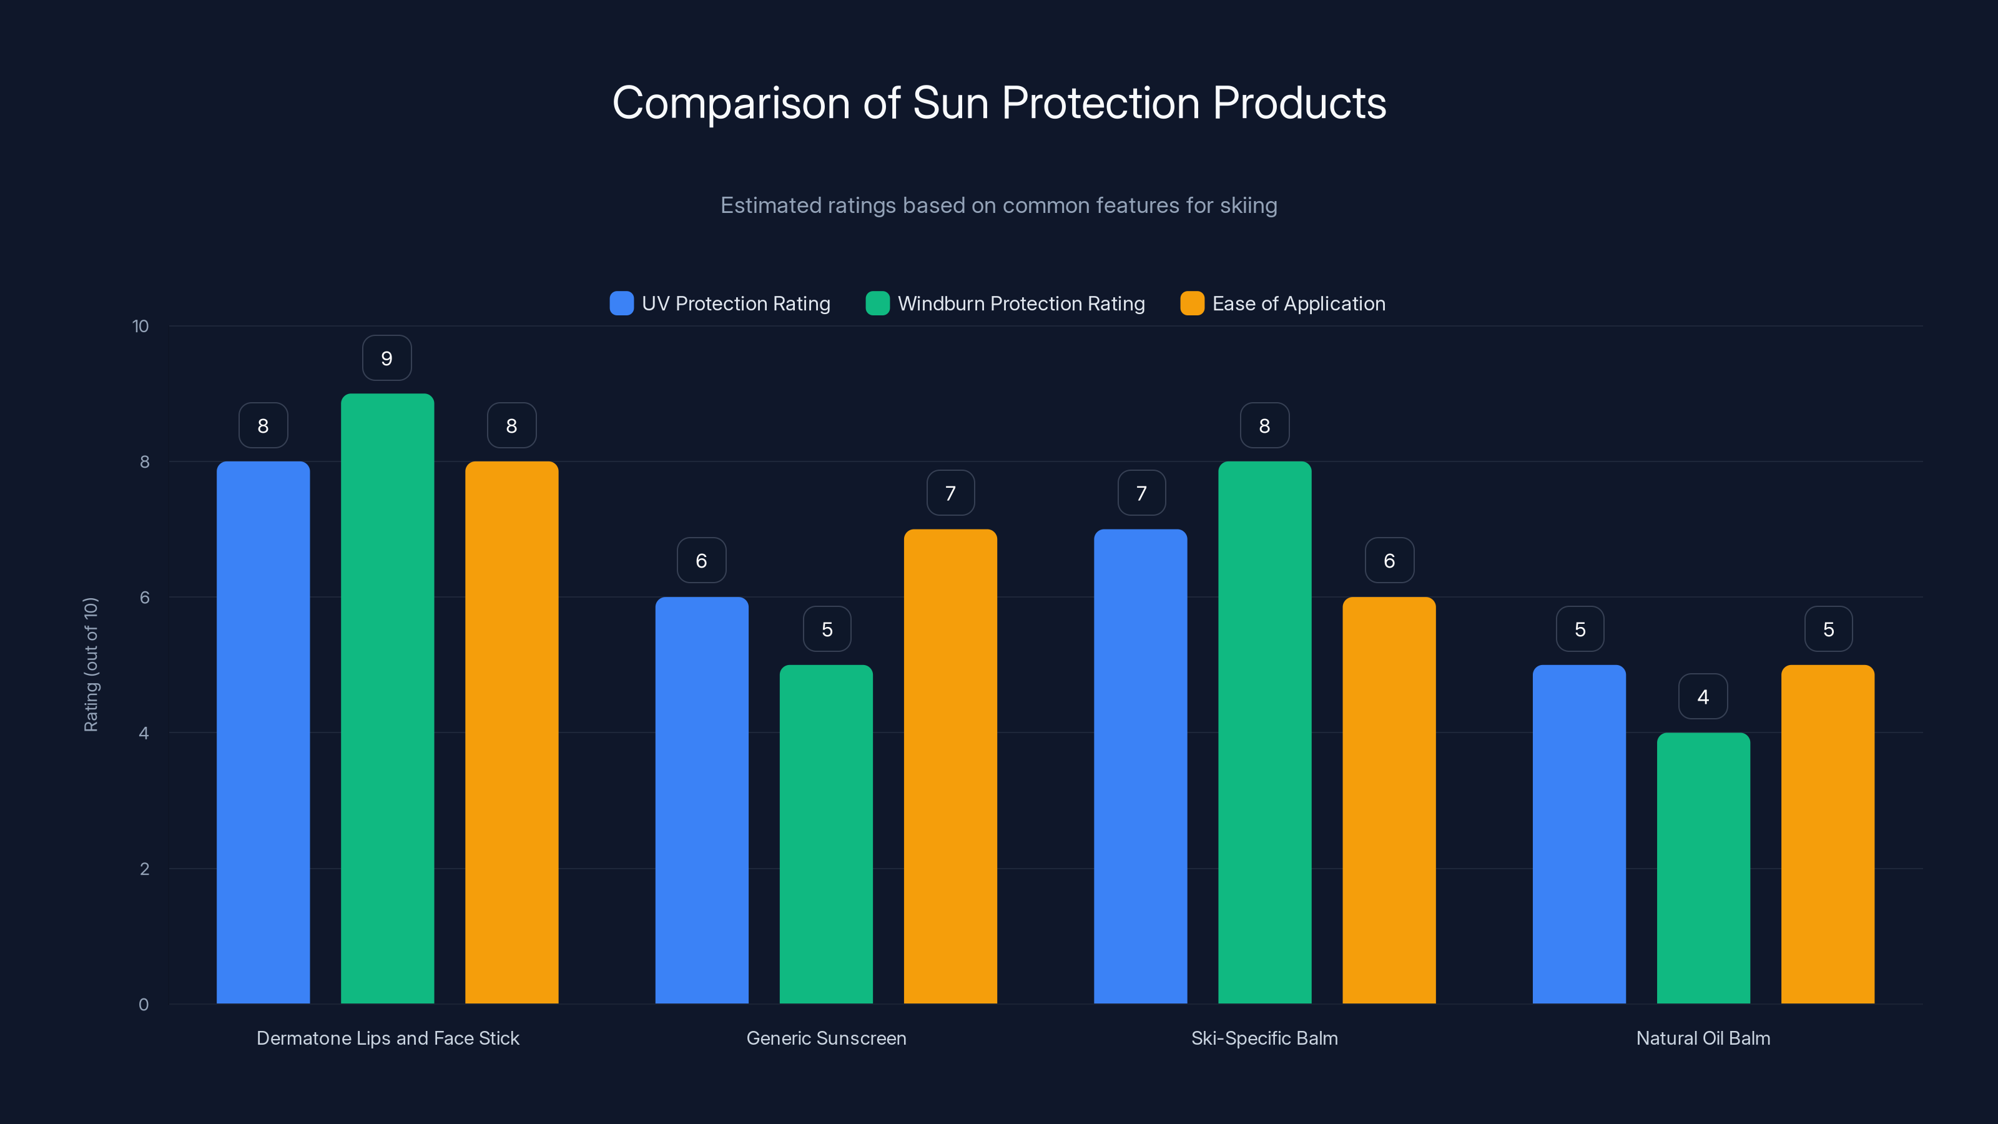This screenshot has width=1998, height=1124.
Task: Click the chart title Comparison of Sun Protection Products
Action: coord(999,103)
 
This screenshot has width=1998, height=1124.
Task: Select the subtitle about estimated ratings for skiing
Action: coord(999,205)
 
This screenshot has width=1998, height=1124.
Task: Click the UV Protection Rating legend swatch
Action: coord(621,303)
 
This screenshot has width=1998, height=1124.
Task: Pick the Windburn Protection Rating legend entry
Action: coord(1005,303)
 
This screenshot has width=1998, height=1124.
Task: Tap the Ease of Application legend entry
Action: coord(1283,303)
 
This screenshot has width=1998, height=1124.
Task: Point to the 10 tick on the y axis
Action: coord(140,327)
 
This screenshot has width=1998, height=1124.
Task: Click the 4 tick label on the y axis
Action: coord(144,733)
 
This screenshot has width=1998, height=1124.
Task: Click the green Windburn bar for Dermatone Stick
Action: coord(387,698)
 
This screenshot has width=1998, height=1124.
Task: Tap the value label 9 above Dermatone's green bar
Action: coord(387,358)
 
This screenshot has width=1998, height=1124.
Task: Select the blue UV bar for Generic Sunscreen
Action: coord(701,799)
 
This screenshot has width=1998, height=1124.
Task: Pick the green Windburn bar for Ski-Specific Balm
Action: coord(1264,732)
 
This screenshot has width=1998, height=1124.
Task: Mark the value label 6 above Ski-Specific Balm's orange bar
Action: coord(1389,561)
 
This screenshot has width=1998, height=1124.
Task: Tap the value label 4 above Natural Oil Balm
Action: coord(1703,697)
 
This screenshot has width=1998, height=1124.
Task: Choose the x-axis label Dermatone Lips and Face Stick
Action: coord(388,1038)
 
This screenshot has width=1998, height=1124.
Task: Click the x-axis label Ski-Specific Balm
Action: coord(1264,1038)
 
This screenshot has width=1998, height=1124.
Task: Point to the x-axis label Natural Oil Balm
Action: coord(1703,1038)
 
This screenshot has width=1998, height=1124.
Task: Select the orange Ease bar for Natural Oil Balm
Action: coord(1828,834)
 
